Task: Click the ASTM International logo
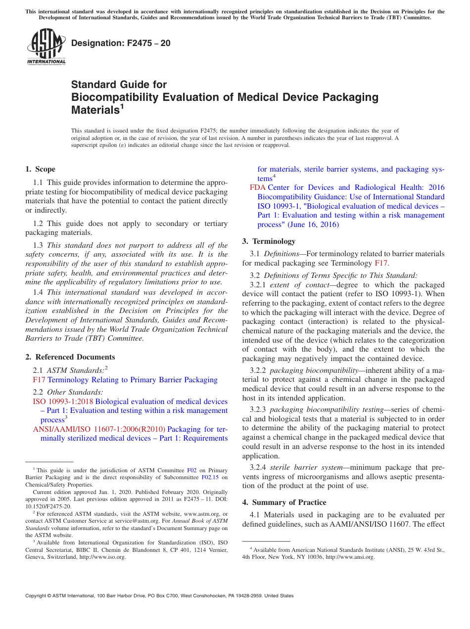point(46,46)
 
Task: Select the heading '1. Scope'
point(41,169)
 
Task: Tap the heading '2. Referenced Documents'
point(70,357)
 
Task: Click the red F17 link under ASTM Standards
point(39,380)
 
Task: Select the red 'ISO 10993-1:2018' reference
point(63,402)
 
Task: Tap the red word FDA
point(257,187)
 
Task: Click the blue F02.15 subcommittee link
point(211,478)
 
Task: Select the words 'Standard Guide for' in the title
point(119,85)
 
